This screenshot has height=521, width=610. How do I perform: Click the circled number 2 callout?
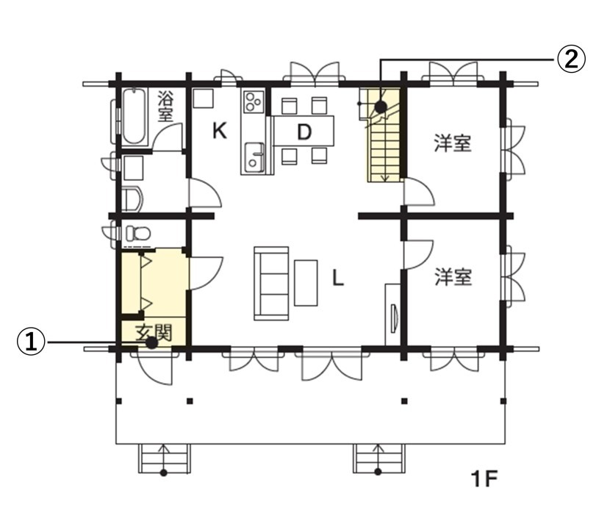(571, 60)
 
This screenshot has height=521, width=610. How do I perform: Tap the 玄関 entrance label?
(154, 333)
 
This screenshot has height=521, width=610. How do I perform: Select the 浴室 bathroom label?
(165, 107)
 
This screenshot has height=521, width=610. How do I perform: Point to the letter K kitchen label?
(220, 131)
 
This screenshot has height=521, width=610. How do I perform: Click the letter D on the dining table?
(304, 132)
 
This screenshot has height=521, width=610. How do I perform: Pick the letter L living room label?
(337, 278)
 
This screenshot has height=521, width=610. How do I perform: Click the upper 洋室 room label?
(453, 143)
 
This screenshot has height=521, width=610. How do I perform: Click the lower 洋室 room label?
(453, 276)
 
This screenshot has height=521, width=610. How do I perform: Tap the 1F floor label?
(484, 479)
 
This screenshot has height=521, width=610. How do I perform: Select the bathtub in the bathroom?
(134, 117)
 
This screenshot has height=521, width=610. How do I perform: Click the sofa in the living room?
(271, 283)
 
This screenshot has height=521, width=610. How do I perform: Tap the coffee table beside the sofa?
(306, 283)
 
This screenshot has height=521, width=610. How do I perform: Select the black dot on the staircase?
(381, 107)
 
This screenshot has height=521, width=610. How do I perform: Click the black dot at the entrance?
(151, 342)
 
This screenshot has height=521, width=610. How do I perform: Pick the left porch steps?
(164, 459)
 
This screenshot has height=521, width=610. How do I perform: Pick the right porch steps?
(378, 459)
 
